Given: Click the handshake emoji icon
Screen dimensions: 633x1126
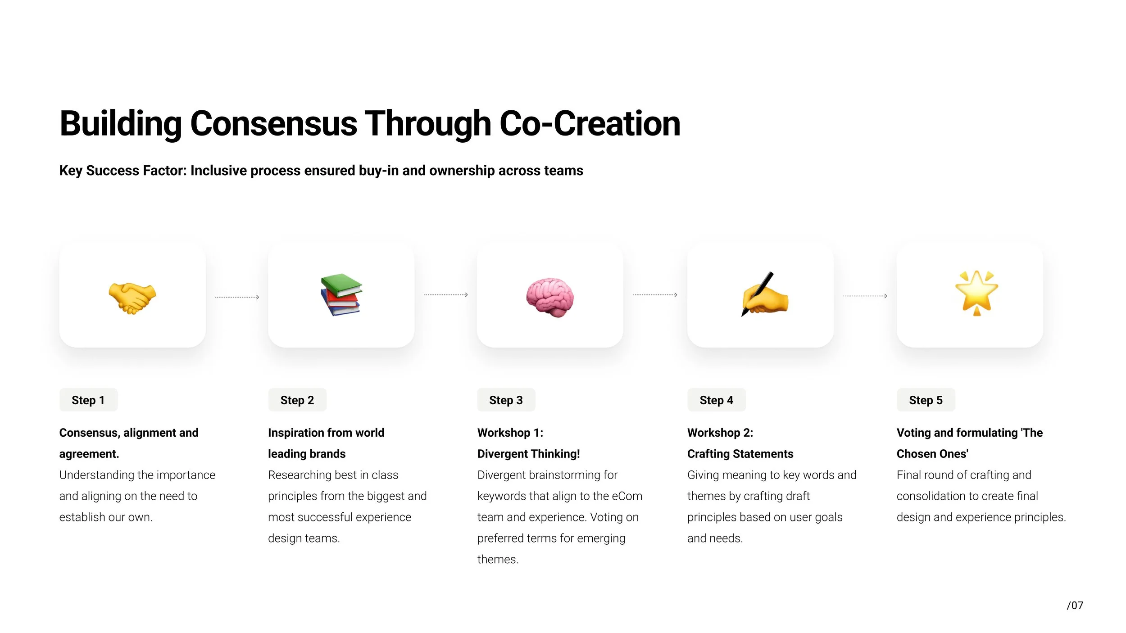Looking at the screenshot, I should pos(132,298).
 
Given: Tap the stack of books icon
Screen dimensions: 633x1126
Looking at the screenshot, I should pos(341,294).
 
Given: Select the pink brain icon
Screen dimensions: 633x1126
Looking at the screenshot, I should pos(550,298).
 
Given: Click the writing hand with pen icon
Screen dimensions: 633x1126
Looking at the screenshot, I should pos(764,295).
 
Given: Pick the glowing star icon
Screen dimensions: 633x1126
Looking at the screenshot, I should pos(976,293).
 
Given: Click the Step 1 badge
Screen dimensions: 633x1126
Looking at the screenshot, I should pos(88,400).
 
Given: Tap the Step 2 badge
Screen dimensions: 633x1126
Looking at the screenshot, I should pos(297,400).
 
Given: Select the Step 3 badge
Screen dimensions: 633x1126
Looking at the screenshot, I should pos(506,400).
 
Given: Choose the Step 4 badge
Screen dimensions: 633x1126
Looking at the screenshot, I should pos(716,400).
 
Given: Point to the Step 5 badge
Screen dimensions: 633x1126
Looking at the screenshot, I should pos(926,400).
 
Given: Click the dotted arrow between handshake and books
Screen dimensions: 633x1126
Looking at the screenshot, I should pos(237,297).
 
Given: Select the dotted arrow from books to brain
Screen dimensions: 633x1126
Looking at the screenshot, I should pos(445,295).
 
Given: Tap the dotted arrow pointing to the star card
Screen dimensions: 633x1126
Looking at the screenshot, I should pos(865,296).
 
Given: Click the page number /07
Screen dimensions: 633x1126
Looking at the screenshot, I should pos(1075,606).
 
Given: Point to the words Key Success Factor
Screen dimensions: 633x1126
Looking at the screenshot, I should pos(122,171).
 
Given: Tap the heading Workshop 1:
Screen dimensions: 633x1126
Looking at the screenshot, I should pos(510,433).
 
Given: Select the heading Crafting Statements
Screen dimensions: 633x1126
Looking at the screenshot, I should pos(740,454).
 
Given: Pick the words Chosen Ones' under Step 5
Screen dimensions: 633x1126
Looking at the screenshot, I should pos(932,454).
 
